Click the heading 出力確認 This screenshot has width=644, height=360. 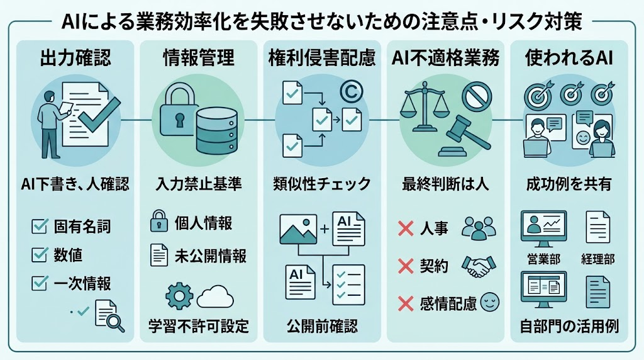75,57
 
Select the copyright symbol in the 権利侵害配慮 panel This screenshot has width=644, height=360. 351,92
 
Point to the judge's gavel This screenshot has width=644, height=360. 464,135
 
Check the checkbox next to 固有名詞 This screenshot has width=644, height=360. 40,227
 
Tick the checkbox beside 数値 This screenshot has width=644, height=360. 40,255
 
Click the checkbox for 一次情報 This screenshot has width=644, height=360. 40,283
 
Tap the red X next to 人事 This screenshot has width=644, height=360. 406,228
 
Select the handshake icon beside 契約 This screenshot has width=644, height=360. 479,266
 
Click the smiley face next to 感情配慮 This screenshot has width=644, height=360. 489,302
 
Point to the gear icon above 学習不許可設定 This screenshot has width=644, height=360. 179,296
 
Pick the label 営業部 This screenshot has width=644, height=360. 544,259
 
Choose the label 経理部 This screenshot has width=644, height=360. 598,259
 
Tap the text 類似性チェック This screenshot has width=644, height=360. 322,184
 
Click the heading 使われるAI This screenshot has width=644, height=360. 569,57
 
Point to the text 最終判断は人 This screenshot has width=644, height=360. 446,184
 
